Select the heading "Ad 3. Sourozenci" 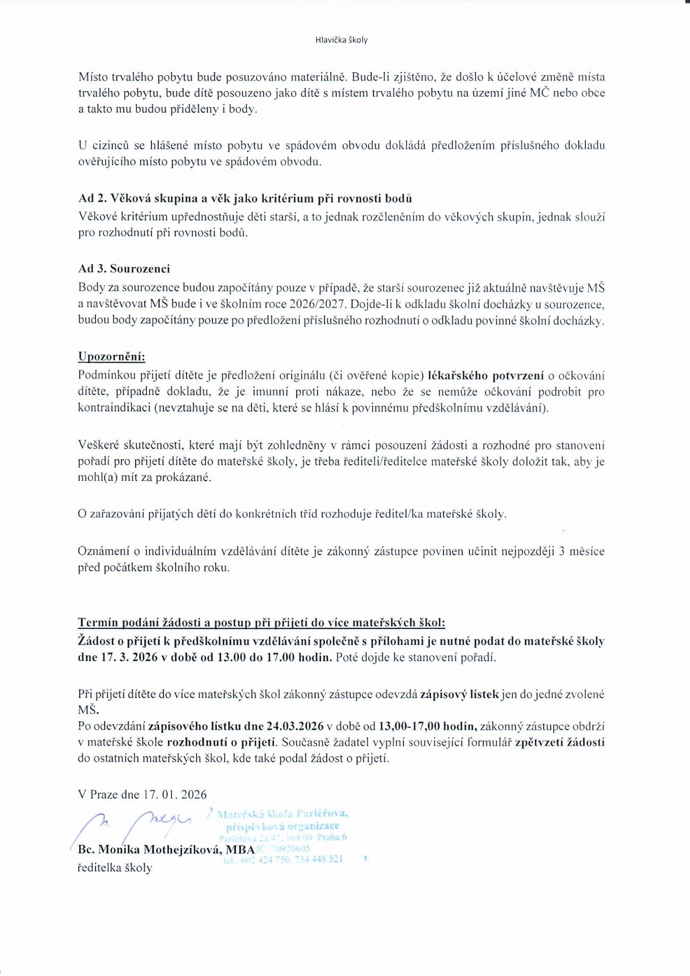[x=124, y=268]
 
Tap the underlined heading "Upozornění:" [x=111, y=356]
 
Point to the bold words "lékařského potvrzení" [x=486, y=376]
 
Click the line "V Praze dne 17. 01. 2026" [x=142, y=795]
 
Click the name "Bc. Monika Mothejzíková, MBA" [x=166, y=849]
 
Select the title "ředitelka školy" [x=115, y=868]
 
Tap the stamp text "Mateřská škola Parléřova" [x=283, y=814]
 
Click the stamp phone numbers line [x=284, y=859]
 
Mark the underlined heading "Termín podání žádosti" [x=261, y=623]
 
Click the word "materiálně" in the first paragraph [x=316, y=77]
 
